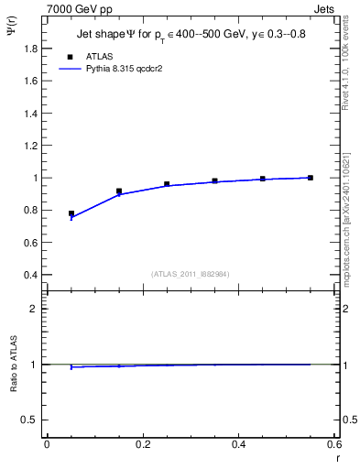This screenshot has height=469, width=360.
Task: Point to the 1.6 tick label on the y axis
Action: (x=32, y=81)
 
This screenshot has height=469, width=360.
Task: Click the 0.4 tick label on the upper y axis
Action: (x=32, y=275)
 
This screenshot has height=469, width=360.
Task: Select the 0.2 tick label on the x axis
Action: (x=142, y=444)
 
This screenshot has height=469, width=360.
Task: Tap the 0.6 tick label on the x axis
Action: (x=334, y=444)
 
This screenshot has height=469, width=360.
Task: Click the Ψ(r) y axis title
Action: (x=13, y=33)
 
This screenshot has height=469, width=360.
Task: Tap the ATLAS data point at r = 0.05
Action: (x=71, y=213)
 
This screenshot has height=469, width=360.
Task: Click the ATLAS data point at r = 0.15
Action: (x=119, y=191)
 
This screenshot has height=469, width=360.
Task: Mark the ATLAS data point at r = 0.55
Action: (x=311, y=178)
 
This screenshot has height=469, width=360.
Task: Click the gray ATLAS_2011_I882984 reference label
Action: (x=189, y=273)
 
